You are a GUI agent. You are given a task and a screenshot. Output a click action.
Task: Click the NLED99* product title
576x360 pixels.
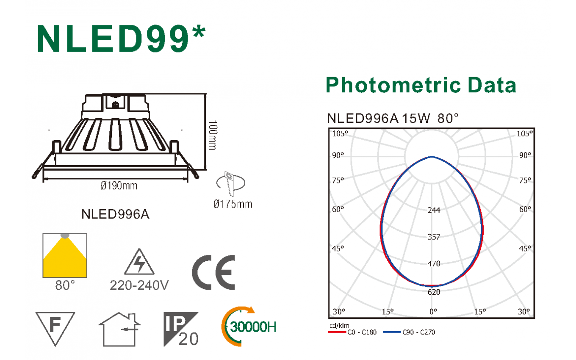[x=121, y=39]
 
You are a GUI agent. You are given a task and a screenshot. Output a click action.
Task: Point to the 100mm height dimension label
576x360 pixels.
[x=213, y=135]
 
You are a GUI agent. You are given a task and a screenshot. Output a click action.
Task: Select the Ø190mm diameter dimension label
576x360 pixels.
[x=119, y=186]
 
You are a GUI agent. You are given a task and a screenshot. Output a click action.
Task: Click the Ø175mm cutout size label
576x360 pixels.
[x=233, y=204]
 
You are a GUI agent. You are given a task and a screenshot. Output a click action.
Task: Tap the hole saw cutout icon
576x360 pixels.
[x=231, y=183]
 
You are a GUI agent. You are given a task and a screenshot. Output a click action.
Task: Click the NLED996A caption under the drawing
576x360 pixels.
[x=115, y=214]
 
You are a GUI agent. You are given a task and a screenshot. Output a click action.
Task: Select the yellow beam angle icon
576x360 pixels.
[x=65, y=256]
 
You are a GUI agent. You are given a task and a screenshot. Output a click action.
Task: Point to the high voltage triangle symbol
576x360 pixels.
[x=139, y=262]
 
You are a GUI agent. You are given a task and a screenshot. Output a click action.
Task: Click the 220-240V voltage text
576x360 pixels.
[x=139, y=285]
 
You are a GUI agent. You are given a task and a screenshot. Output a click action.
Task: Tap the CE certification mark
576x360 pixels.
[x=213, y=272]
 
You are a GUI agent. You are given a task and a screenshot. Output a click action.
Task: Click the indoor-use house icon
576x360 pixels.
[x=119, y=329]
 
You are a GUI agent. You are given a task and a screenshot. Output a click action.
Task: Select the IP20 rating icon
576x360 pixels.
[x=181, y=329]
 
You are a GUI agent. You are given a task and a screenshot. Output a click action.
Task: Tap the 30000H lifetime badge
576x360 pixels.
[x=249, y=327]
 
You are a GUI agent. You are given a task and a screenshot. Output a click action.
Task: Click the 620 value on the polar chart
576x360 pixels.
[x=434, y=292]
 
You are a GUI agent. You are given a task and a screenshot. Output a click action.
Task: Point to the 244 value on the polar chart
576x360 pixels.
[x=434, y=210]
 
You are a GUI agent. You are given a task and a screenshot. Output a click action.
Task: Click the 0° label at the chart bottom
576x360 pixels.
[x=433, y=312]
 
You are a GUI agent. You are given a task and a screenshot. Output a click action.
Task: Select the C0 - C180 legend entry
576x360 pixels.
[x=352, y=332]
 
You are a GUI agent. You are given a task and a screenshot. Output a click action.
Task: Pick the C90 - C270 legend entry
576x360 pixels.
[x=409, y=332]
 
